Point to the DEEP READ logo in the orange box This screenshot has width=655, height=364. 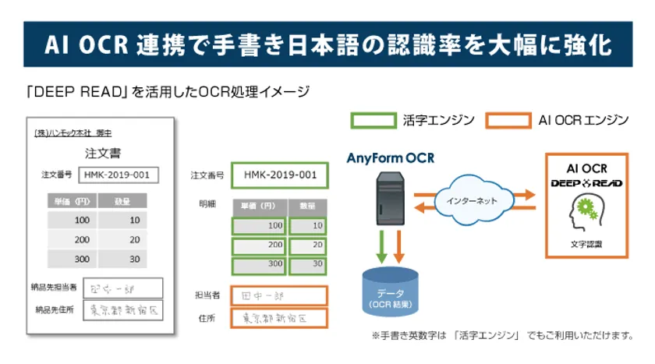coord(586,184)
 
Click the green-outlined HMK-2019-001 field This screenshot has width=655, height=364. coord(279,175)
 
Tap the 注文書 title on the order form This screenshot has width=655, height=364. coord(102,153)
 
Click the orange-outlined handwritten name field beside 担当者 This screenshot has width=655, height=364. coord(279,295)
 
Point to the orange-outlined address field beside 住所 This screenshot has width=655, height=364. coord(279,318)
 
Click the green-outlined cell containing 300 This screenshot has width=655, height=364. coord(259,264)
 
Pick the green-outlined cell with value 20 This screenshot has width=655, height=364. coord(306,245)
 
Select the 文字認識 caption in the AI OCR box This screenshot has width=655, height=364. coord(586,245)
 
